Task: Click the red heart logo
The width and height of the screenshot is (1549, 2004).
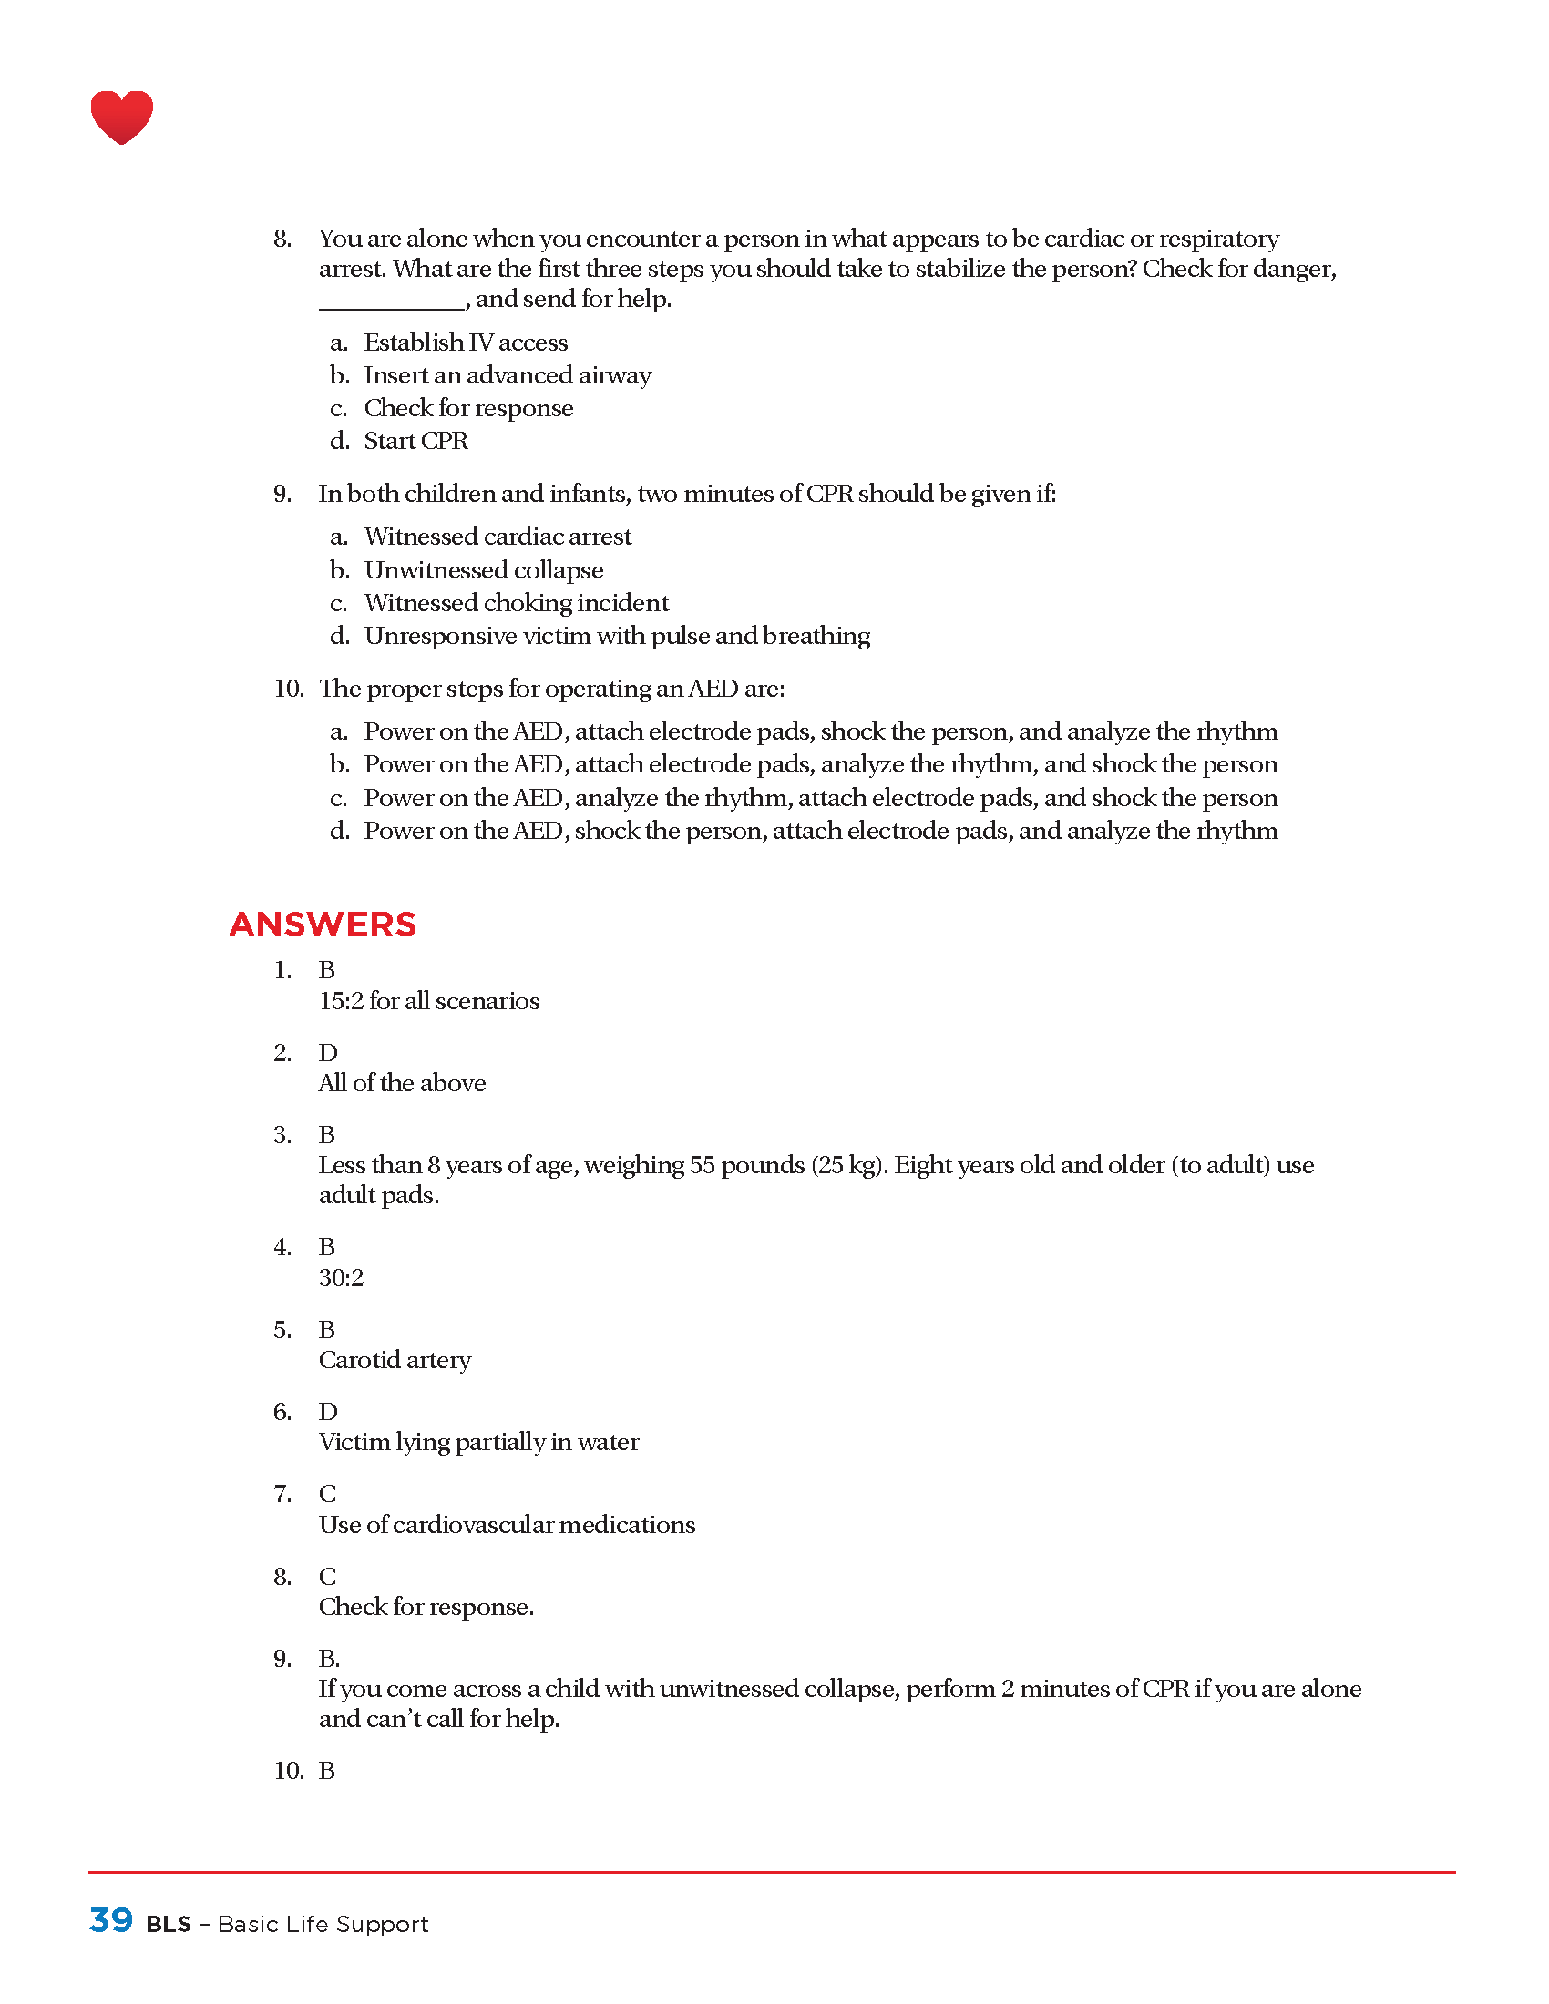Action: (x=121, y=117)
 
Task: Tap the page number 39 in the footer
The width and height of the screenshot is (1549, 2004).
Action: (x=111, y=1919)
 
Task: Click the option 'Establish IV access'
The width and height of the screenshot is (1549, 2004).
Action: (x=466, y=343)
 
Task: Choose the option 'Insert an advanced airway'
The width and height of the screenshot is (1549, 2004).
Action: (x=508, y=375)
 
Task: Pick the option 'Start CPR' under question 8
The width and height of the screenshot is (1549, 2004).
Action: (x=415, y=442)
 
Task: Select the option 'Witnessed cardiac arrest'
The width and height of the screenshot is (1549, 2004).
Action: (x=498, y=537)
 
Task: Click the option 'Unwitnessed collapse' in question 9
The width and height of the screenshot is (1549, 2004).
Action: (x=484, y=570)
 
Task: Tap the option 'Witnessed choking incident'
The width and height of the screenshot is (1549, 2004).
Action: (x=516, y=603)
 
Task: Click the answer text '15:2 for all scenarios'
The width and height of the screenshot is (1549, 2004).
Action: (x=428, y=1001)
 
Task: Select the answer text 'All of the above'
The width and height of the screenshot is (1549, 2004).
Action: (x=402, y=1083)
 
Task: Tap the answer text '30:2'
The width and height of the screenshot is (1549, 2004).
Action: (x=342, y=1277)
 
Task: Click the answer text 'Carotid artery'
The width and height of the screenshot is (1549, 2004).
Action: (x=395, y=1360)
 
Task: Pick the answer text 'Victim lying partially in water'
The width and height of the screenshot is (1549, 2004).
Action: (x=478, y=1442)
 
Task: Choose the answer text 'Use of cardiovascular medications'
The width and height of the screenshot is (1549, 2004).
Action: (x=507, y=1524)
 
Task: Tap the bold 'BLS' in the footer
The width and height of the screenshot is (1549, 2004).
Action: (x=169, y=1924)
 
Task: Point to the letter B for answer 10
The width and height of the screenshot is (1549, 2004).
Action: (x=327, y=1770)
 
